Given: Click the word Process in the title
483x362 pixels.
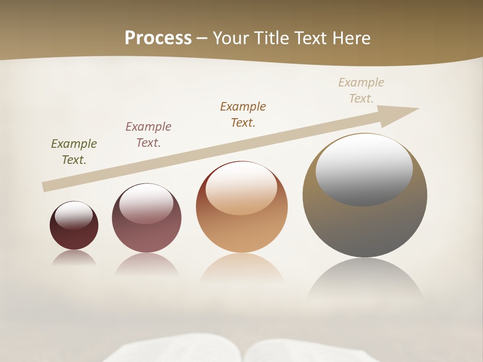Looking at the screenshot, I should point(158,38).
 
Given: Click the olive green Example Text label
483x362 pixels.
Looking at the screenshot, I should point(74,152).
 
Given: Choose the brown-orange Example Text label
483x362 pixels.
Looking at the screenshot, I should point(243,115).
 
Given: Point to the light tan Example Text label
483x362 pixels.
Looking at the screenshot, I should point(361,90).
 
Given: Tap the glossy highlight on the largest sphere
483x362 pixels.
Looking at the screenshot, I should point(364,168).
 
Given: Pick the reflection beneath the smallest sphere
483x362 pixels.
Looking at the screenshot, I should point(74,258).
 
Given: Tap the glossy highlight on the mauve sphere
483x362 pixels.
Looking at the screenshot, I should point(146,204).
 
